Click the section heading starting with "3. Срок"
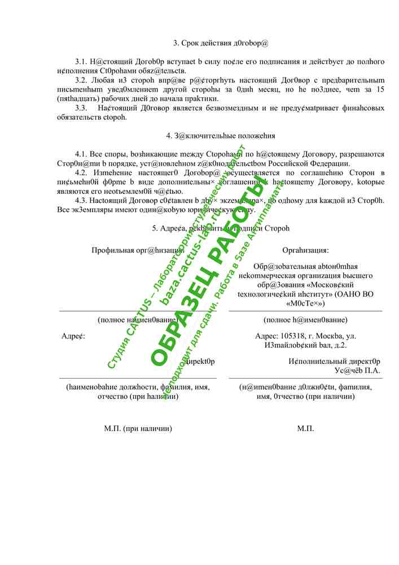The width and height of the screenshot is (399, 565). [220, 42]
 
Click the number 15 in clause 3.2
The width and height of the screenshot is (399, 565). [379, 89]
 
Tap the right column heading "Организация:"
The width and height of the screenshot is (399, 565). [305, 250]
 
